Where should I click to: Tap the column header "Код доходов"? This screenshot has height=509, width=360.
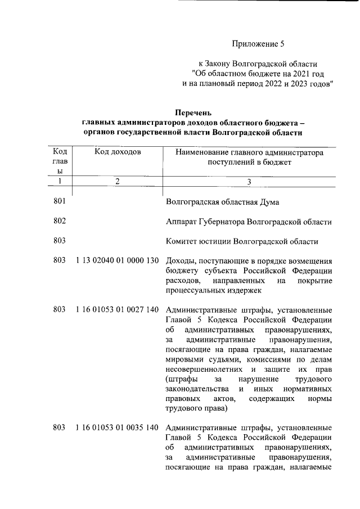(118, 152)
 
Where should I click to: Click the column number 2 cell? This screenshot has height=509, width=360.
(118, 181)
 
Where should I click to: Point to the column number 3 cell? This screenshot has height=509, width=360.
(249, 181)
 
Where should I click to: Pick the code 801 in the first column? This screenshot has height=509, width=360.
(60, 201)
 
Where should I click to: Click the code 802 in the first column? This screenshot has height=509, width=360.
(60, 221)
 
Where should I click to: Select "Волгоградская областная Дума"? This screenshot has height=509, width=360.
(222, 202)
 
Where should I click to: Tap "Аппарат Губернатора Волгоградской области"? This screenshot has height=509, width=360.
(249, 222)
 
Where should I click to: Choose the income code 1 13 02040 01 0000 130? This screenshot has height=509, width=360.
(117, 262)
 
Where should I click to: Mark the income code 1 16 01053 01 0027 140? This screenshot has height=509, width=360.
(117, 309)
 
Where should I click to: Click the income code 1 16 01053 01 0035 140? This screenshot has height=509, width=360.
(117, 428)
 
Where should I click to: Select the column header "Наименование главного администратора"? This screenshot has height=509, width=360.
(249, 152)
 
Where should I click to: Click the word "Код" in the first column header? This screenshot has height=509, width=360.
(60, 151)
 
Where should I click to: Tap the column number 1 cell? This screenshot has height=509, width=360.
(60, 181)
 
